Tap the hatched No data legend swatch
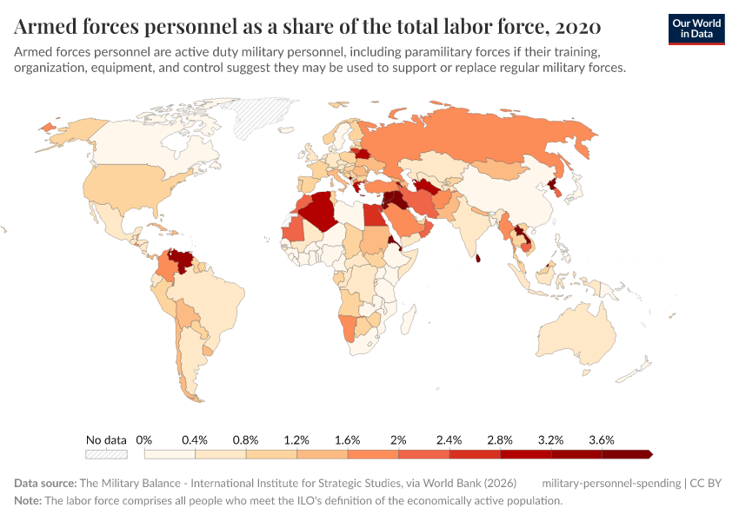[106, 453]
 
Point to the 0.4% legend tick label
[196, 439]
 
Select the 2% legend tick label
[398, 439]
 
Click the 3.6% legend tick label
[602, 439]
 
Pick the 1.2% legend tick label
[297, 439]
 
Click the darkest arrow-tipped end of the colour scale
[648, 453]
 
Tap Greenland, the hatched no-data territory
[260, 117]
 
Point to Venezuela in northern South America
[183, 260]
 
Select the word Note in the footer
[28, 501]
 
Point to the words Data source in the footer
[44, 483]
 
